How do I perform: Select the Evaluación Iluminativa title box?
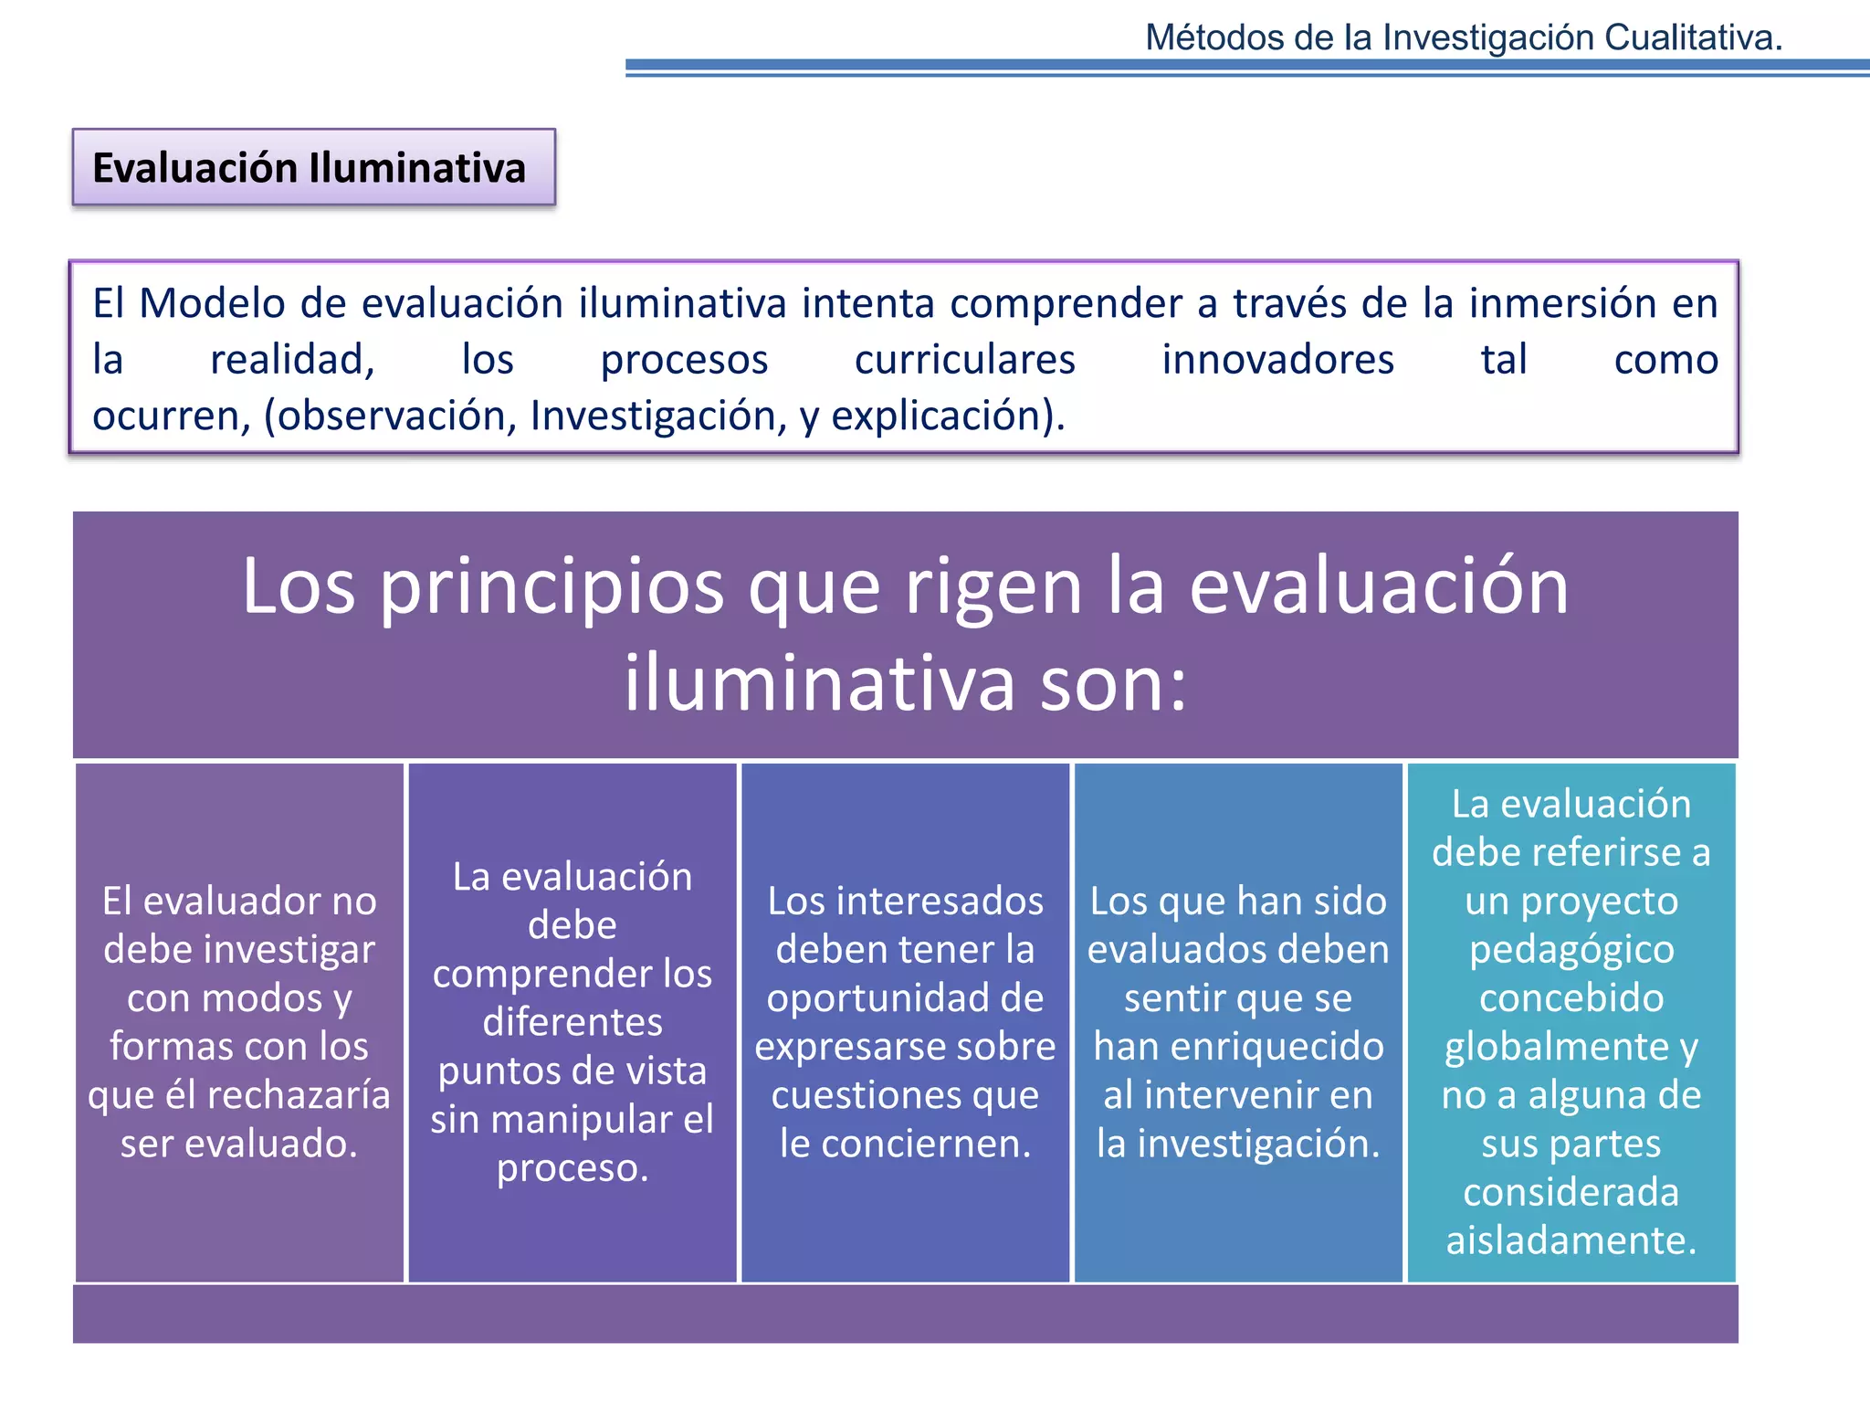(313, 168)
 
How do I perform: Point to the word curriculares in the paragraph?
(964, 359)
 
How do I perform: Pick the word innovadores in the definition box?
(1277, 359)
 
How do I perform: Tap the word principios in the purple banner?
(551, 586)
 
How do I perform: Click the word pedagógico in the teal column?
(1571, 949)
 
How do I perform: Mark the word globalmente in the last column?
(1556, 1046)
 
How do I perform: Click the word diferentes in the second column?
(573, 1022)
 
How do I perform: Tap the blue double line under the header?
(1246, 69)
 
